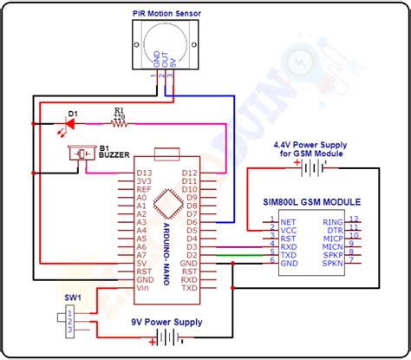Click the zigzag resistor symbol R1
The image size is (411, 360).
click(118, 123)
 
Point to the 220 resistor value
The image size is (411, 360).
click(120, 115)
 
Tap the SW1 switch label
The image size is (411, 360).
click(72, 297)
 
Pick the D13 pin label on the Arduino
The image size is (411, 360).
click(144, 173)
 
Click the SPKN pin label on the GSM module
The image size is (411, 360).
click(332, 263)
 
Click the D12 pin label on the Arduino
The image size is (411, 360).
click(190, 173)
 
